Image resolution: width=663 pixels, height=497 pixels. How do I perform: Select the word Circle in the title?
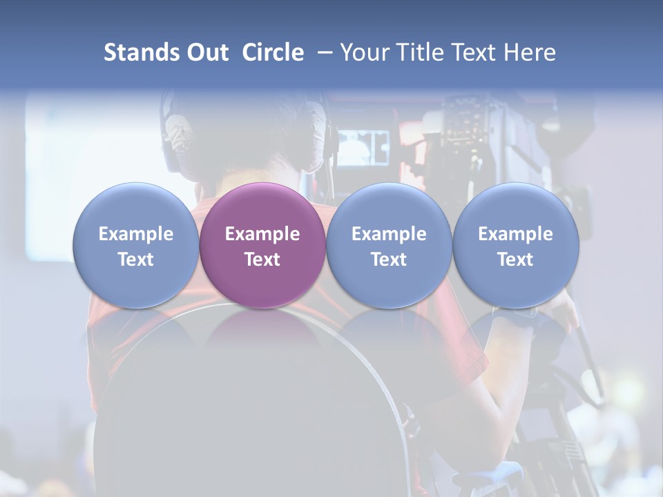[273, 52]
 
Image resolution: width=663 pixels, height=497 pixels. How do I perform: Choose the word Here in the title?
[530, 52]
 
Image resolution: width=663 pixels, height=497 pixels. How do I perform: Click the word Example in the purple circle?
[262, 234]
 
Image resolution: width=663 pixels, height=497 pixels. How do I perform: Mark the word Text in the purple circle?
[262, 260]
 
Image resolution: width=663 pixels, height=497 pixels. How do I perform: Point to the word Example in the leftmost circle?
[136, 234]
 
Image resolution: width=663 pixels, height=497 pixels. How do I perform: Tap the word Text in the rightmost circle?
[516, 260]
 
